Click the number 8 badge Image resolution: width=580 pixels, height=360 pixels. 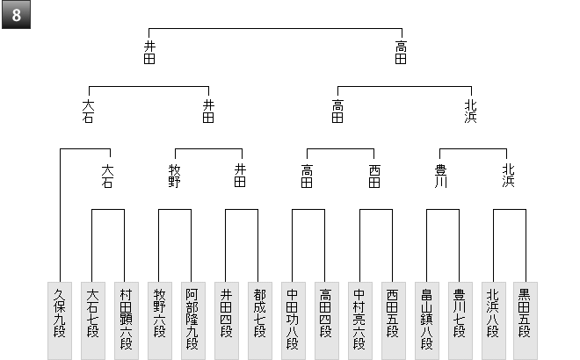[x=17, y=15]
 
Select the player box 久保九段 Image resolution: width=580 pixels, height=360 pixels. [x=60, y=320]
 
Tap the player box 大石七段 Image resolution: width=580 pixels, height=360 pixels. [x=93, y=320]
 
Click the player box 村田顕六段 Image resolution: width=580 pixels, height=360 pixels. [x=127, y=320]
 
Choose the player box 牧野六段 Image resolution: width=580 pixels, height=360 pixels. [x=160, y=320]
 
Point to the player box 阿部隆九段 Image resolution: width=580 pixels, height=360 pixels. [x=193, y=320]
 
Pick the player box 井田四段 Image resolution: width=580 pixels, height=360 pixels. [x=227, y=320]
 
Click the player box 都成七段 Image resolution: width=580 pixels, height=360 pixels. [x=260, y=320]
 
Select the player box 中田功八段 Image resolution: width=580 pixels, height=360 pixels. [x=294, y=320]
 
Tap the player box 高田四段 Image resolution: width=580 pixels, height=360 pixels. [x=327, y=320]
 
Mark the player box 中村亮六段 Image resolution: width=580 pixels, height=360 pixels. [x=360, y=320]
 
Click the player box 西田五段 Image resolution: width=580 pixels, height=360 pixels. [x=394, y=320]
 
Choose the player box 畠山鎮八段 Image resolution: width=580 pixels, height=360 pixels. [x=427, y=320]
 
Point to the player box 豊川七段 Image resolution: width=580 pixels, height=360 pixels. [x=460, y=320]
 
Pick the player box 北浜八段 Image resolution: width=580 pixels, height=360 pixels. [x=494, y=320]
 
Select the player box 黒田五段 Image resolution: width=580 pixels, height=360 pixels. [x=526, y=320]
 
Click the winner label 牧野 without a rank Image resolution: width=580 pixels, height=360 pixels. [x=175, y=176]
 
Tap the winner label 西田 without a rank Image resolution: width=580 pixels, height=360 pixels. [x=374, y=176]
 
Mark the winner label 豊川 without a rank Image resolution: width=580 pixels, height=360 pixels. [x=440, y=176]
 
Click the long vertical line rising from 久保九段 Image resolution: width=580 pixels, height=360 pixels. [x=61, y=215]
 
